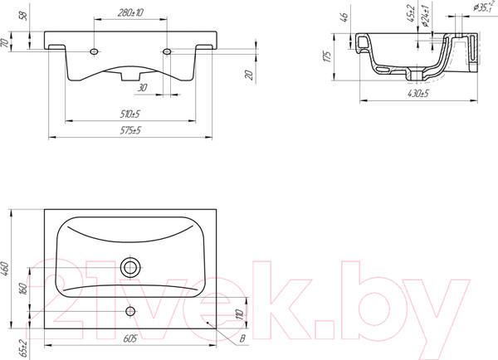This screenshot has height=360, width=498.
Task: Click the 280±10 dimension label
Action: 130,12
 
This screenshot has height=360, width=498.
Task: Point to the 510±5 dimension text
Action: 130,114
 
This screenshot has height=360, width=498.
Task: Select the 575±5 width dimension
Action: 130,130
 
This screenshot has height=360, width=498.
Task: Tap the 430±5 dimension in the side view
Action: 418,94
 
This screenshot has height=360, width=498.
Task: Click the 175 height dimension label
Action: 328,56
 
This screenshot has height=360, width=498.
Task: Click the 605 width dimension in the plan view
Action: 130,338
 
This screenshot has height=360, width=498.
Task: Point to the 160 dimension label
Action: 23,289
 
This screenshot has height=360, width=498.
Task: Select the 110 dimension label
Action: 241,314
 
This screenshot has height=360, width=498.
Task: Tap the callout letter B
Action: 242,338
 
